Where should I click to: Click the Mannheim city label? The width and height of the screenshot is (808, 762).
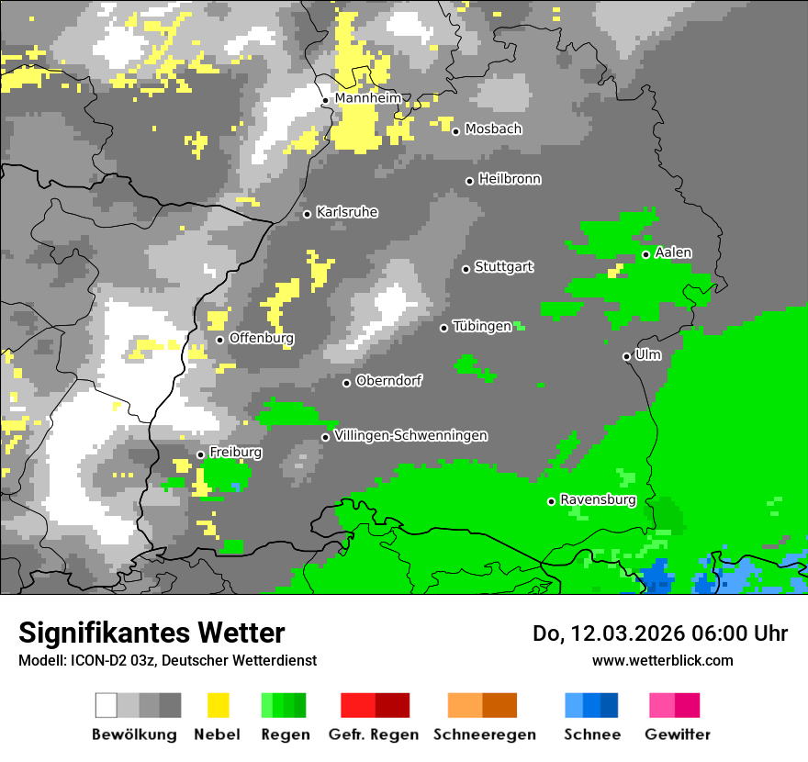tap(368, 98)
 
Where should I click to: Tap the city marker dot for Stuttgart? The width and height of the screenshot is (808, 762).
tap(466, 269)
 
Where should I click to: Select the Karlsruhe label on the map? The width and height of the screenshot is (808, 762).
tap(347, 212)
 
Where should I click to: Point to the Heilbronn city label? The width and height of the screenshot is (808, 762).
tap(510, 179)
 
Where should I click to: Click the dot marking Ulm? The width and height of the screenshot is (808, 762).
tap(627, 356)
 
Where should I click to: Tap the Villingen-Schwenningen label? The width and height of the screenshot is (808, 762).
tap(411, 435)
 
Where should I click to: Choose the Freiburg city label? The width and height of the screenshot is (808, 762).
tap(235, 453)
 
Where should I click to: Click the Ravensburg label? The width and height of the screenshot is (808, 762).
tap(598, 500)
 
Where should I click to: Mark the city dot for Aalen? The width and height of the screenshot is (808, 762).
tap(646, 254)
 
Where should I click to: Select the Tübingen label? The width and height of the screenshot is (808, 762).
tap(482, 326)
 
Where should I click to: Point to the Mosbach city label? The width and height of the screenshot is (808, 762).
tap(493, 129)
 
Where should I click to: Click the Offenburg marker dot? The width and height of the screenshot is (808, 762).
tap(220, 340)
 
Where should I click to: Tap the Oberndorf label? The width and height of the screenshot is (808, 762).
tap(388, 380)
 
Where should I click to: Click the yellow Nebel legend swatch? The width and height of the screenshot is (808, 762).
tap(218, 705)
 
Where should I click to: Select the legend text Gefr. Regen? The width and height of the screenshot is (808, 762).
tap(374, 734)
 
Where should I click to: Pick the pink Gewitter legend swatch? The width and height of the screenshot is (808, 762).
tap(675, 705)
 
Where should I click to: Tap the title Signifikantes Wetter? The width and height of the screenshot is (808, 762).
tap(151, 633)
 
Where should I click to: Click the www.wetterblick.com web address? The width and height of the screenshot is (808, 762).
tap(662, 660)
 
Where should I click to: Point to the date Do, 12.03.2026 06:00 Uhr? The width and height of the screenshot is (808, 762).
tap(660, 633)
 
